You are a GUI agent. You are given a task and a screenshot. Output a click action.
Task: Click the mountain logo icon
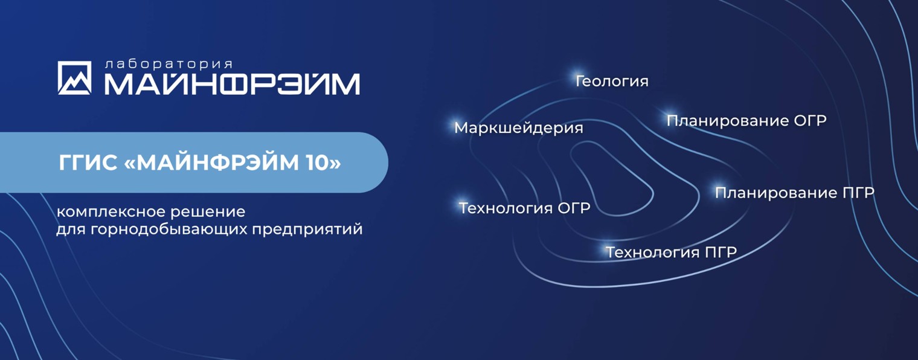pyautogui.click(x=74, y=78)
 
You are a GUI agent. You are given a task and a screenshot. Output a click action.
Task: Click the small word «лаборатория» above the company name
pyautogui.click(x=169, y=65)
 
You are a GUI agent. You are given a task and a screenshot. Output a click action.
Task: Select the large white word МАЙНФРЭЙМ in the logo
pyautogui.click(x=232, y=85)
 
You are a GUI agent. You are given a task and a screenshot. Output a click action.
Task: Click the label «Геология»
pyautogui.click(x=612, y=81)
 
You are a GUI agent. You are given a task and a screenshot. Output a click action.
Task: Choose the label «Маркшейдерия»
pyautogui.click(x=519, y=128)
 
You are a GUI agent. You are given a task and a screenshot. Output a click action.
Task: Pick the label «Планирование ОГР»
pyautogui.click(x=746, y=120)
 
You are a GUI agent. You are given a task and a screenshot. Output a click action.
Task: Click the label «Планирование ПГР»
pyautogui.click(x=795, y=193)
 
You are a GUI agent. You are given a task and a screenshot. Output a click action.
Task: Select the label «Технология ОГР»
pyautogui.click(x=525, y=208)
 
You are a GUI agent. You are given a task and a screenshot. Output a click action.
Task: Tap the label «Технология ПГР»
pyautogui.click(x=671, y=252)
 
